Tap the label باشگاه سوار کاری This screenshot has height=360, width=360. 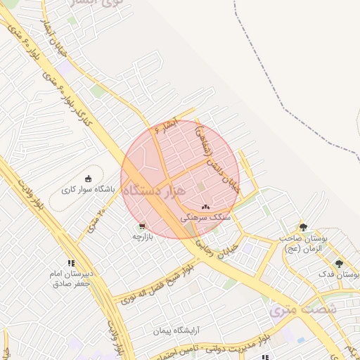click(88, 189)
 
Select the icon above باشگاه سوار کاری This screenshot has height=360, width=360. click(88, 178)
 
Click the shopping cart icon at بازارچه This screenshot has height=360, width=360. click(143, 226)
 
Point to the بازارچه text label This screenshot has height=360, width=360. click(143, 236)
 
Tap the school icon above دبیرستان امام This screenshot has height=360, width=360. click(70, 263)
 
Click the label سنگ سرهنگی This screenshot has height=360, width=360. click(205, 218)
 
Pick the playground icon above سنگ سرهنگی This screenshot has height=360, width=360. click(205, 207)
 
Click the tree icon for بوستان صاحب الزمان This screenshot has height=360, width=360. click(303, 227)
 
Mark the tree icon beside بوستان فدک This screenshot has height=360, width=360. click(339, 264)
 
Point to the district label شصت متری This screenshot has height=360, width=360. click(304, 309)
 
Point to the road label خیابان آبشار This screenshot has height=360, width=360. click(53, 34)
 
